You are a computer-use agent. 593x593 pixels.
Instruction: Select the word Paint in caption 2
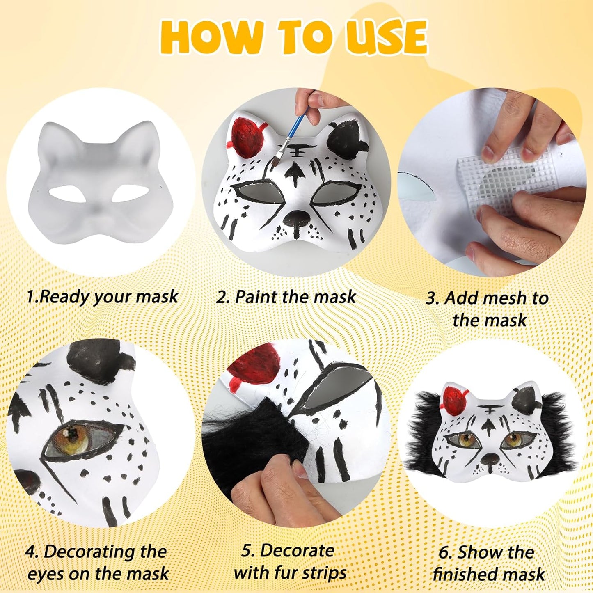click(257, 296)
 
